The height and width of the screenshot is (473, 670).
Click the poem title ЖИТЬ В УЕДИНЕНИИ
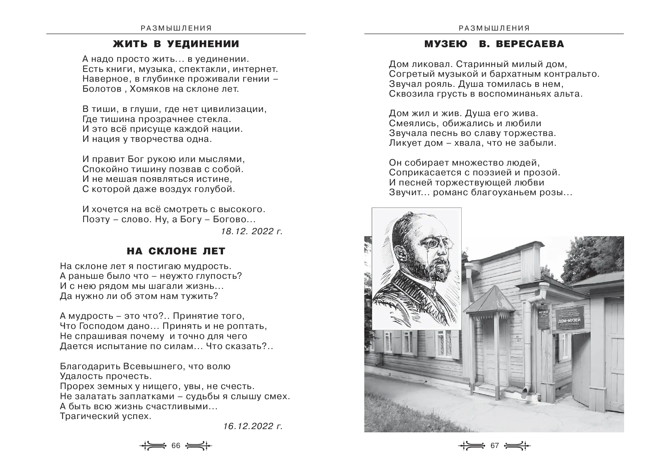pos(176,44)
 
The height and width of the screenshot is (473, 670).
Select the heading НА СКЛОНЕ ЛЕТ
pos(176,251)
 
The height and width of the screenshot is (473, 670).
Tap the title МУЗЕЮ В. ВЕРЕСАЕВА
pos(494,44)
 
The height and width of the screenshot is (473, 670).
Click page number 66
pos(176,446)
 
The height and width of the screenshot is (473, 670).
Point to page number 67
pos(495,446)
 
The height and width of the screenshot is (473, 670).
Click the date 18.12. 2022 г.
pos(252,231)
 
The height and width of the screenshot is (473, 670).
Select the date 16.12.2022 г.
pos(253,426)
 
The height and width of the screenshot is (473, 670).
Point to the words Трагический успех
pos(106,416)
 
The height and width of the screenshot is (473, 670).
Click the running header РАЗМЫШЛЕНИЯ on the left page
pos(176,28)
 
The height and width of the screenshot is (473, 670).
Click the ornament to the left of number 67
pos(472,446)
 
